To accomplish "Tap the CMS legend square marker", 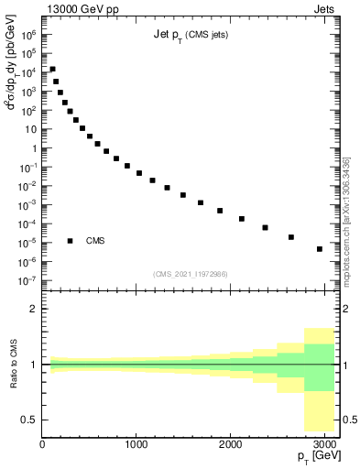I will coord(71,241).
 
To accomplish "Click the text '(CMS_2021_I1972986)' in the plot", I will coord(191,274).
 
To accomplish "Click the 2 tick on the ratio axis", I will coord(34,309).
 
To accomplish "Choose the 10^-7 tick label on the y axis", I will coord(28,280).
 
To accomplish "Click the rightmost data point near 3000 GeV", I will coord(319,249).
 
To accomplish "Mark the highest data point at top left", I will coord(52,70).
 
